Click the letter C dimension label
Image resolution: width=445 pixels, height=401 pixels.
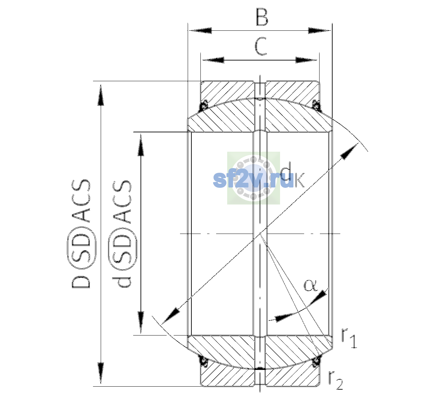(261, 46)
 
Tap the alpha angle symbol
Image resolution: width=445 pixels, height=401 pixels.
(310, 285)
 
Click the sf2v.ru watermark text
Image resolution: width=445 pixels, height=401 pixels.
(254, 180)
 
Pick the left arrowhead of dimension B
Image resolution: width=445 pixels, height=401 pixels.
(200, 30)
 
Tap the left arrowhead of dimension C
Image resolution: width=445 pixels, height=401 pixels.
(213, 60)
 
